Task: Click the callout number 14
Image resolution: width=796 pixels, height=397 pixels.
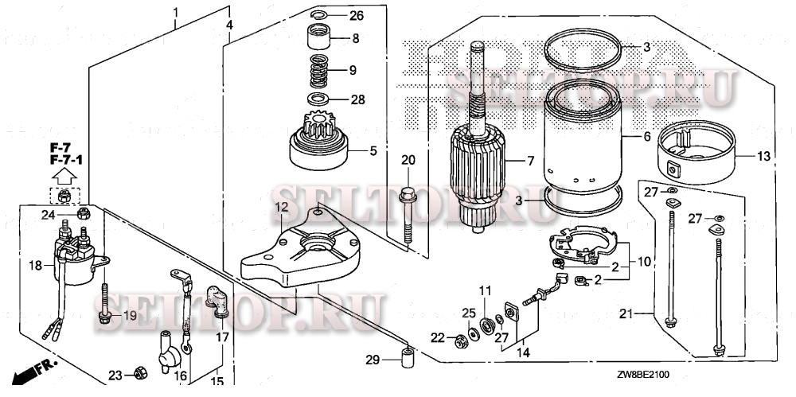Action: click(523, 351)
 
